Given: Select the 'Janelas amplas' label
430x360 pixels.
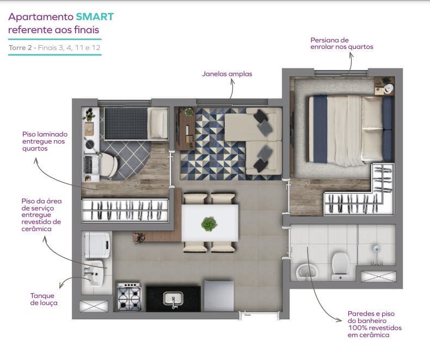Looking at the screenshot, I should (x=227, y=73).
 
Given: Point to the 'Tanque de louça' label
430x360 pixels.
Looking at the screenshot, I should (x=44, y=299).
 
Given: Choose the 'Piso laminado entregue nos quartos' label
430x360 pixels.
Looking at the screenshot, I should (x=45, y=140).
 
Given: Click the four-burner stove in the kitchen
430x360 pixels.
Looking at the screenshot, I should (x=129, y=297).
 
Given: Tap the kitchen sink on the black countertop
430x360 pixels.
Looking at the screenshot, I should (x=174, y=299).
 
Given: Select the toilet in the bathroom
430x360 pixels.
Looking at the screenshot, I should (x=341, y=265).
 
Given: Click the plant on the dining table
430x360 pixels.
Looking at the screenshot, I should (x=209, y=223).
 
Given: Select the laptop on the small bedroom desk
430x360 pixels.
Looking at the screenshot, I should (x=89, y=163).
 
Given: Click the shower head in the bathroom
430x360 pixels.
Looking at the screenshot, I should (x=375, y=250).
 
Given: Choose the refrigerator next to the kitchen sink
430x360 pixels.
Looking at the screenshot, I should (x=219, y=296).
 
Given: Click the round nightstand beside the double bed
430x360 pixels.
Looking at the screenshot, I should (x=387, y=87).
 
